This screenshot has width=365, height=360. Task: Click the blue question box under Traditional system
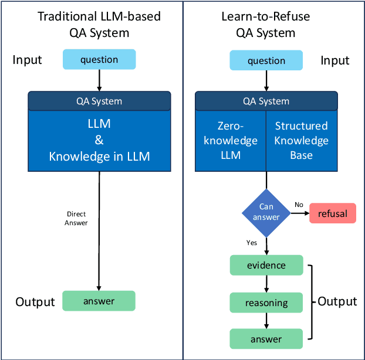click(99, 59)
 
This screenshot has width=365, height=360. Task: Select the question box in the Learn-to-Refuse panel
click(266, 60)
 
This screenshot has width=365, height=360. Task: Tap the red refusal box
click(333, 213)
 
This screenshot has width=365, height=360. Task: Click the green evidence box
click(266, 265)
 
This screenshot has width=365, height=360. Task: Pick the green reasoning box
click(266, 303)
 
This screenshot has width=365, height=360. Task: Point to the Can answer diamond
click(266, 213)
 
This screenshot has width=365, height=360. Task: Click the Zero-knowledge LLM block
click(231, 141)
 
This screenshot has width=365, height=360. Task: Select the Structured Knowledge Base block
click(301, 141)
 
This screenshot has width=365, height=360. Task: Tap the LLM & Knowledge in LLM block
click(99, 141)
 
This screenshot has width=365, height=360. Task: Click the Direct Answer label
click(76, 219)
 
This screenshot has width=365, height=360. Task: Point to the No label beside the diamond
click(299, 205)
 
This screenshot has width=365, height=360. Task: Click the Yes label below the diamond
click(252, 242)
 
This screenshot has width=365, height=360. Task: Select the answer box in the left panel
click(99, 301)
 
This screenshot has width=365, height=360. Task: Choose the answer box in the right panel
click(266, 339)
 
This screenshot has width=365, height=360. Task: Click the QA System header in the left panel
click(99, 101)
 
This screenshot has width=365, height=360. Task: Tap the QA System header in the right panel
click(266, 101)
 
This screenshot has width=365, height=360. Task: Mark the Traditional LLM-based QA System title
click(99, 23)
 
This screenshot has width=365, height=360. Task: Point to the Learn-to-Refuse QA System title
click(266, 23)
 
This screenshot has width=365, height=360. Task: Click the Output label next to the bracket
click(337, 301)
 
